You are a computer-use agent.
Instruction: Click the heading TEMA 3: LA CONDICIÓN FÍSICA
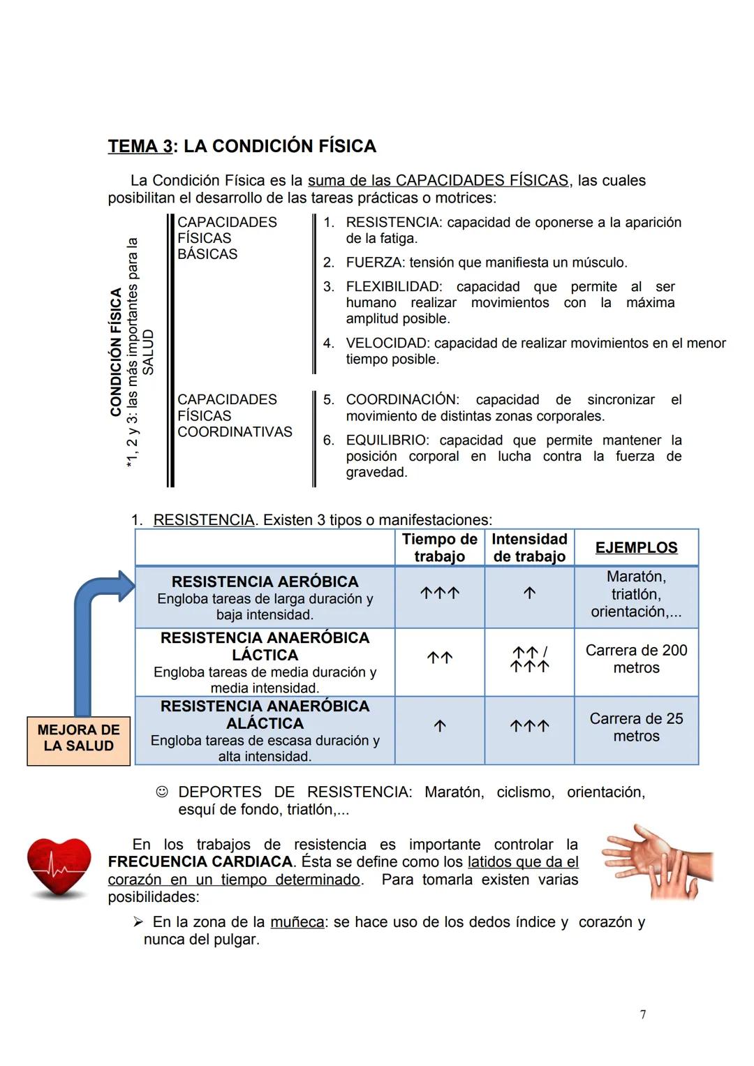[x=242, y=146]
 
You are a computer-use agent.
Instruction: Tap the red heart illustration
[x=59, y=867]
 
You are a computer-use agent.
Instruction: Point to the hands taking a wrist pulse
[x=657, y=861]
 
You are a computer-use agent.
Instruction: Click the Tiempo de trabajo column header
[x=439, y=548]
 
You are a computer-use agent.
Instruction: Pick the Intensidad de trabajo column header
[x=529, y=548]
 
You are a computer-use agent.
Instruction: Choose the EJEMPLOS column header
[x=636, y=548]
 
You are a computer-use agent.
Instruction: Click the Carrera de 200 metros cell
[x=636, y=659]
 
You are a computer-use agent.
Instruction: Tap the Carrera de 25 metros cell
[x=636, y=727]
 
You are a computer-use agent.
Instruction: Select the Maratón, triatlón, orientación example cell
[x=636, y=594]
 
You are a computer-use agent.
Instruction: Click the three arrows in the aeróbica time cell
[x=440, y=593]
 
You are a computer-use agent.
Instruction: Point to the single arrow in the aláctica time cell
[x=440, y=726]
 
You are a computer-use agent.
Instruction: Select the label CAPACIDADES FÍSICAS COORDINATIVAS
[x=234, y=415]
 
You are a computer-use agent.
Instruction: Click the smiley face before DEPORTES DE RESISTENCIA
[x=162, y=792]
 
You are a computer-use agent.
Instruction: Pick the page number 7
[x=643, y=1014]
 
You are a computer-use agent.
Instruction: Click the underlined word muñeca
[x=297, y=922]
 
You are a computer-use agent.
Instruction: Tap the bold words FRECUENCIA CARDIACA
[x=200, y=862]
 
